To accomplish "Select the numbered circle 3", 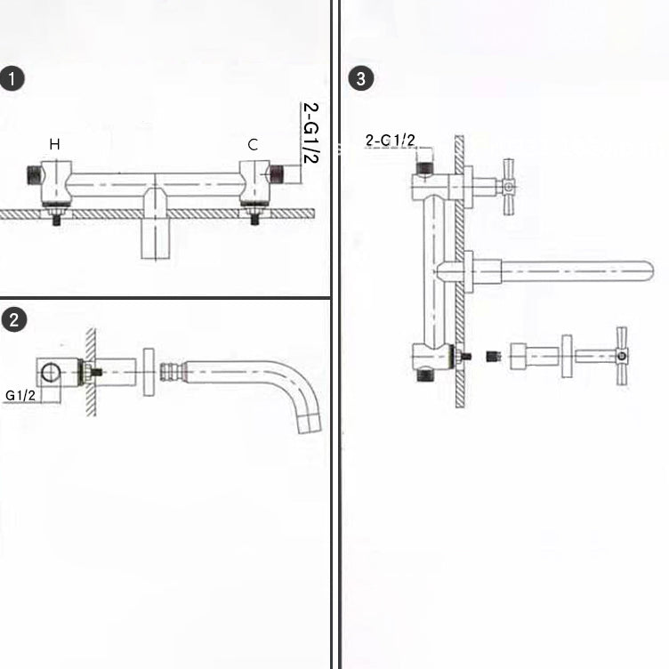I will [x=359, y=78].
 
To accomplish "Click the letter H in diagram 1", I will [x=55, y=144].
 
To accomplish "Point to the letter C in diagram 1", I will [x=253, y=144].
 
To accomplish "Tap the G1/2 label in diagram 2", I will [x=19, y=395].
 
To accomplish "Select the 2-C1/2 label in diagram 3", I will [x=391, y=140].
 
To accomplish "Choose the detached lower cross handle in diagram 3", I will [x=621, y=356].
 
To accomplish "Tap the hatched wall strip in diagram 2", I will [x=90, y=369].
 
